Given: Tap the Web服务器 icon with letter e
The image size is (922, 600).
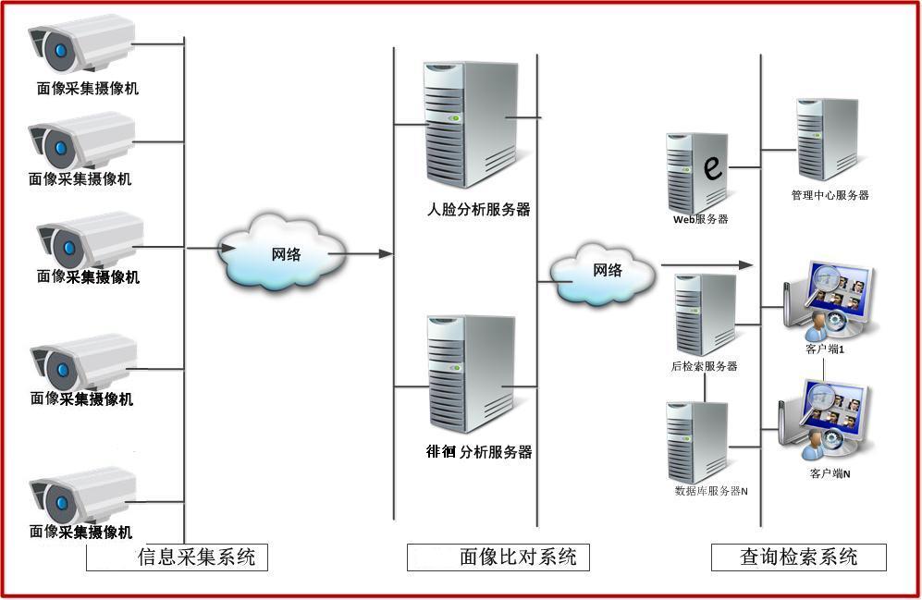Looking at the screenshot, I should pos(697,172).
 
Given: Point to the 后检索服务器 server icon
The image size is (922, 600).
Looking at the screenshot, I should pos(705,315).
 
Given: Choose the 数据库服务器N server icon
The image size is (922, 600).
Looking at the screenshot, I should pos(697,442).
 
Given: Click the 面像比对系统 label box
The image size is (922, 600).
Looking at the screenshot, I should pos(498,557).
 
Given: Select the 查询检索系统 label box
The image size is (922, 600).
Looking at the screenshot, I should pos(798,557).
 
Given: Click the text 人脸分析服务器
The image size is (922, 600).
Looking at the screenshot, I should pos(479,210).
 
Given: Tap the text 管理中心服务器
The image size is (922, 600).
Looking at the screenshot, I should pos(830,195).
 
